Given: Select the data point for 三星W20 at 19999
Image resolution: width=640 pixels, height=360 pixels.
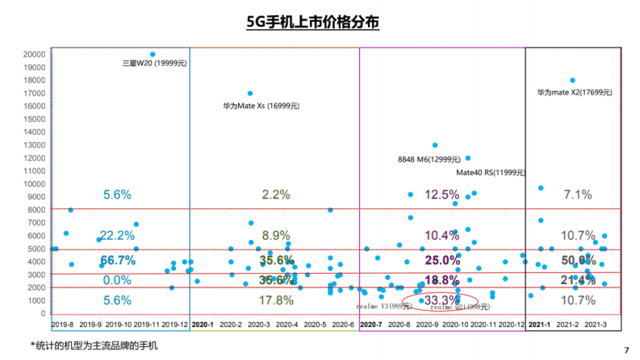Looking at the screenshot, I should pyautogui.click(x=153, y=54).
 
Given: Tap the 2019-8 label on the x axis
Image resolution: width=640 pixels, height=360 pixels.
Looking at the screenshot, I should pyautogui.click(x=62, y=324).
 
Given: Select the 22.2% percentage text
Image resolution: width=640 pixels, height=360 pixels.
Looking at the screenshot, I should pyautogui.click(x=117, y=235).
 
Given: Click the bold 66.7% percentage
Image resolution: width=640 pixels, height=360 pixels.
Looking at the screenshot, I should pyautogui.click(x=117, y=261).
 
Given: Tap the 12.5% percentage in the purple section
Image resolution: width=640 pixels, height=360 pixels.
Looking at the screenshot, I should pyautogui.click(x=441, y=195).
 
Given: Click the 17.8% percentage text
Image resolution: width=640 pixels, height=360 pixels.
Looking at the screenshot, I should pyautogui.click(x=277, y=300).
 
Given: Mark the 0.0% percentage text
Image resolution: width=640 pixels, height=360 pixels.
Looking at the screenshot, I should pyautogui.click(x=117, y=280).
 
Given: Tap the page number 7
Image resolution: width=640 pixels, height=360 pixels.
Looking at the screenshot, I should pyautogui.click(x=626, y=350).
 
